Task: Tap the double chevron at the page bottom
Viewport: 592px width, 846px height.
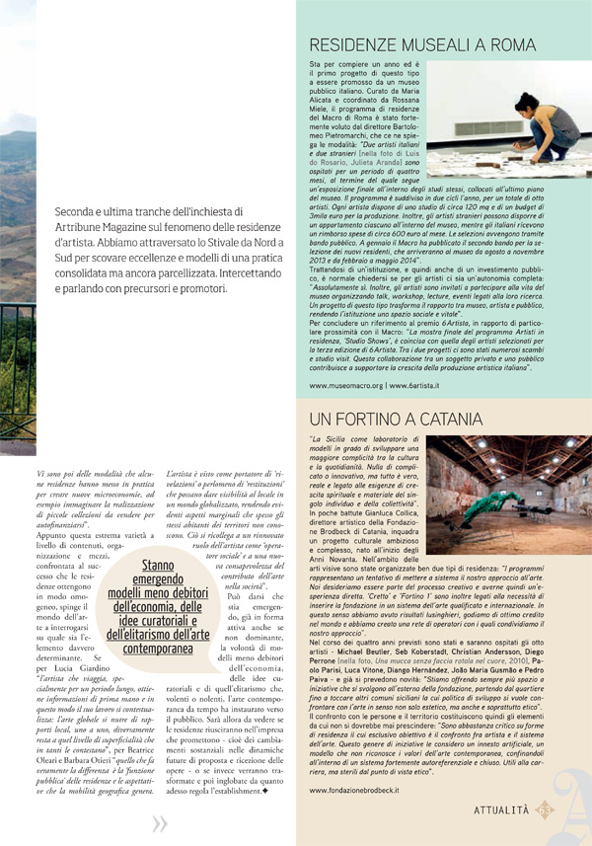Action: tap(160, 825)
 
